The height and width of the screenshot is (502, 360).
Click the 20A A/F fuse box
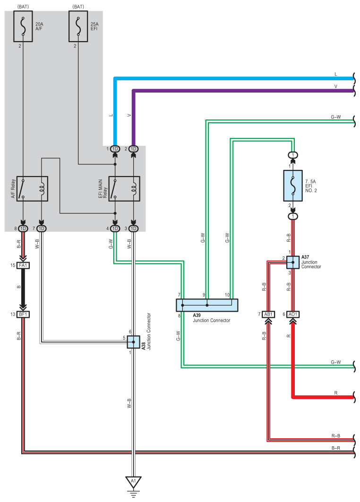23,26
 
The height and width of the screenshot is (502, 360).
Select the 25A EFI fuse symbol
78,26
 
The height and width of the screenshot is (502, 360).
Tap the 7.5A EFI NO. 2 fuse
293,186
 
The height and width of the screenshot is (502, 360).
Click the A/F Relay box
32,189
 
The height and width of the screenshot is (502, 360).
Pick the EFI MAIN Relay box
124,189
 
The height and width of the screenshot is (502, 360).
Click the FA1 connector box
23,265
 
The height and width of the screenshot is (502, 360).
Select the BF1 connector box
23,315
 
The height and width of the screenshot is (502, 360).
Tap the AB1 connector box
268,315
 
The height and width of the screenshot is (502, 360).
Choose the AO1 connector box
293,315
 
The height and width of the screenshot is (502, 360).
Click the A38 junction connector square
134,342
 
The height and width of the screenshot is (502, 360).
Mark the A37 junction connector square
293,262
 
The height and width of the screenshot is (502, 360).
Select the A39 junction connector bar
207,305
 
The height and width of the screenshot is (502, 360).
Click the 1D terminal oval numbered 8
23,229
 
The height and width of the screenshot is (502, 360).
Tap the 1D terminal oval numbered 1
115,149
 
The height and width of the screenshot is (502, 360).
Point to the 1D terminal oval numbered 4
115,229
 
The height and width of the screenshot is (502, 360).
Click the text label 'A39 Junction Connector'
211,318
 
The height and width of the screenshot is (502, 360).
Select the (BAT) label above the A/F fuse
23,7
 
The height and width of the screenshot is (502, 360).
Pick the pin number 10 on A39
227,295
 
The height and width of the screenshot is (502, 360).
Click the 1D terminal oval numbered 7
41,229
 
